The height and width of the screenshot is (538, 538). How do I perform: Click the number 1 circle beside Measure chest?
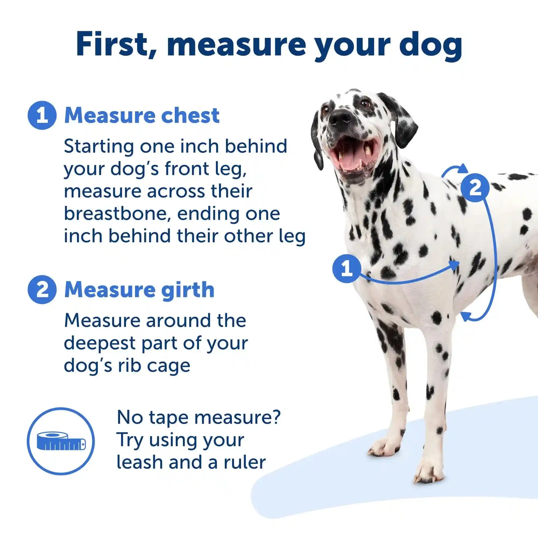tap(42, 115)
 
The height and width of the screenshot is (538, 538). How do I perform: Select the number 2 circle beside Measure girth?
tap(42, 290)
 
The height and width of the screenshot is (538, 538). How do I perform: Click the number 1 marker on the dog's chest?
tap(346, 268)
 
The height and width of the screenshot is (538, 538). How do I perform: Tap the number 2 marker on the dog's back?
tap(474, 188)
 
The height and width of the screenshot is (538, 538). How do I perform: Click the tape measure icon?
tap(61, 441)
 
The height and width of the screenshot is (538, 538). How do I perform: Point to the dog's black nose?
tap(341, 117)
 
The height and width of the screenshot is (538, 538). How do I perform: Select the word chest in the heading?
tap(190, 116)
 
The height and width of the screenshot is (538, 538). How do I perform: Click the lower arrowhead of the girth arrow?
tap(465, 315)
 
